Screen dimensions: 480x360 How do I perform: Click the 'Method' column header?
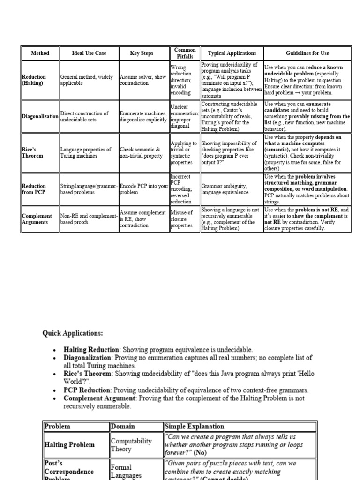pyautogui.click(x=40, y=53)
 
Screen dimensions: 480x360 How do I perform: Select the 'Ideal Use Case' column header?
pyautogui.click(x=89, y=53)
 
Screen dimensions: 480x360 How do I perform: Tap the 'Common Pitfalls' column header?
pyautogui.click(x=185, y=53)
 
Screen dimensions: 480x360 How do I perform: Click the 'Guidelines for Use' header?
pyautogui.click(x=307, y=53)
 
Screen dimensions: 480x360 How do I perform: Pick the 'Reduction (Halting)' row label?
pyautogui.click(x=34, y=80)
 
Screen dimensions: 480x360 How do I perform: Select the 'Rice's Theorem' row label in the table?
pyautogui.click(x=32, y=153)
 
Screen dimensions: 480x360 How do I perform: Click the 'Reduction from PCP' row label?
pyautogui.click(x=34, y=189)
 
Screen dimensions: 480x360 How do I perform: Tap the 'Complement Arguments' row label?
pyautogui.click(x=36, y=219)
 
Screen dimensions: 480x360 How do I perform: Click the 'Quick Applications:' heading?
pyautogui.click(x=73, y=333)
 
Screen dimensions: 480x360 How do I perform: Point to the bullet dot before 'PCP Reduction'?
pyautogui.click(x=55, y=390)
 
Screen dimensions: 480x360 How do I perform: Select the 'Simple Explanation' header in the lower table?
pyautogui.click(x=195, y=427)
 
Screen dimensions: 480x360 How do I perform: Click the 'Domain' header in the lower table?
pyautogui.click(x=123, y=427)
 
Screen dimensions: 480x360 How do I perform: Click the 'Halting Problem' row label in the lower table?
pyautogui.click(x=69, y=445)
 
